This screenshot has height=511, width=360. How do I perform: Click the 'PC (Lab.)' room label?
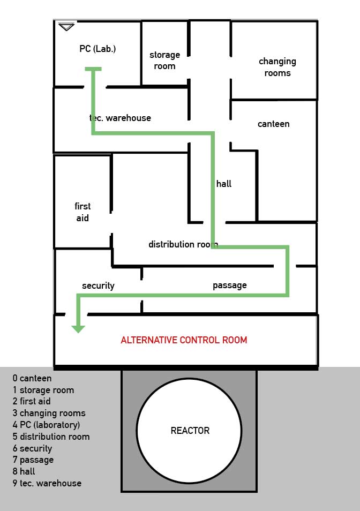[x=97, y=49]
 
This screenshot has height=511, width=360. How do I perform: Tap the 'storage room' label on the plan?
[x=164, y=61]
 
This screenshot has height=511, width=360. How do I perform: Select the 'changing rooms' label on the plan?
[x=277, y=67]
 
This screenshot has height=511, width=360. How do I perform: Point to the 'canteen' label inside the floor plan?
[x=273, y=124]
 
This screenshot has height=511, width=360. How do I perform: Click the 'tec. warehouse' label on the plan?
[x=120, y=118]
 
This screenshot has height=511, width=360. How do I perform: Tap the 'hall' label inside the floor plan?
[x=224, y=184]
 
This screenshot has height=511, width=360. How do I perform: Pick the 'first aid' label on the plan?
[x=82, y=212]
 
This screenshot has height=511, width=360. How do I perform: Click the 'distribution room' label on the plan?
[x=183, y=244]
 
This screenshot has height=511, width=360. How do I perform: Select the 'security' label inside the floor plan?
[x=98, y=285]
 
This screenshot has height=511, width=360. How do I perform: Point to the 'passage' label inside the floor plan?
[x=230, y=285]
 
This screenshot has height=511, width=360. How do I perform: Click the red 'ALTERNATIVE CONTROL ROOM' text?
[x=184, y=340]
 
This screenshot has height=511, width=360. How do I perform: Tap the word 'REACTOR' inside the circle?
[x=190, y=431]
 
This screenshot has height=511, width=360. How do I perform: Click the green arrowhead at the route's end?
[x=78, y=328]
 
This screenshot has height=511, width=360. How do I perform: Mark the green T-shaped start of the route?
[x=93, y=69]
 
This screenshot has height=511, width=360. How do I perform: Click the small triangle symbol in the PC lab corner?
[x=66, y=26]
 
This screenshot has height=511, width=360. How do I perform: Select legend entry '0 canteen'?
[x=32, y=379]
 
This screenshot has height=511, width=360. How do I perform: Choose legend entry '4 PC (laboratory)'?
[x=46, y=425]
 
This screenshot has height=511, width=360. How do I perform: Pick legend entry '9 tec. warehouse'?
[x=47, y=483]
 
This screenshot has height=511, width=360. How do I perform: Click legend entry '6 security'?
[x=32, y=448]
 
